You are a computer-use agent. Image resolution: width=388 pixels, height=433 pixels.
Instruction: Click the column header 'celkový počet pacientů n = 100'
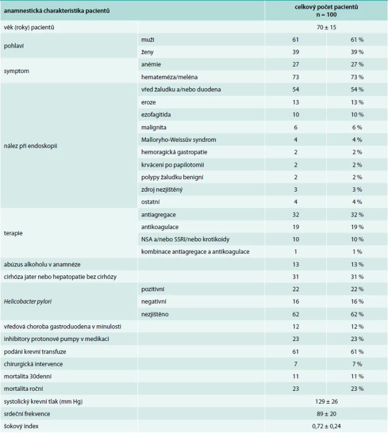coord(326,11)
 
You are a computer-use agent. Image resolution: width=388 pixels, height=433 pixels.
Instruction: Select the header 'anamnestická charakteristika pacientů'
coord(57,11)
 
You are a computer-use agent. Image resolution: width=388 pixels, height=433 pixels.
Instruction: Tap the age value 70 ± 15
coord(326,28)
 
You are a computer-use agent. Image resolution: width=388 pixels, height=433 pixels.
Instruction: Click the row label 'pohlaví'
coord(14,46)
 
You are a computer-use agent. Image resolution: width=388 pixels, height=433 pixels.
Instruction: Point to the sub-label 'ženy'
coord(147,52)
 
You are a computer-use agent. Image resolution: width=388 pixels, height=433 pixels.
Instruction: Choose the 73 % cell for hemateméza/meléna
coord(357,77)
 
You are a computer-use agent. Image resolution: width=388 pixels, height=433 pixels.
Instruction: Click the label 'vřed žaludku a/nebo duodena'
coord(181,89)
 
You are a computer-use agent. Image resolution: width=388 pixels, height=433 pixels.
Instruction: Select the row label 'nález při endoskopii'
coord(30,146)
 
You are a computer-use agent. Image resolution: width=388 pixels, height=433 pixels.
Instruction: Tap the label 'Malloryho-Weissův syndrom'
coord(179,140)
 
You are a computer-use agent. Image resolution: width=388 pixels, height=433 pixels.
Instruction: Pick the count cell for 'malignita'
coord(295,127)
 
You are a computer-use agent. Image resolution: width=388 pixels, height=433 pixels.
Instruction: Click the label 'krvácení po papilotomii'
coord(173,165)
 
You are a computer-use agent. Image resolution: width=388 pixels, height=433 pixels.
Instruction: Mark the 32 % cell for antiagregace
coord(357,214)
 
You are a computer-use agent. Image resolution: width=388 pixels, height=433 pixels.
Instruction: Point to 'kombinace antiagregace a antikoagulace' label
coord(195,252)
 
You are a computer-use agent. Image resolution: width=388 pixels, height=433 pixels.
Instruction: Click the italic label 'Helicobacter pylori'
coord(28,301)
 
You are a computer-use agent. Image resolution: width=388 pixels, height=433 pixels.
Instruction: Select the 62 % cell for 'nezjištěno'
coord(357,314)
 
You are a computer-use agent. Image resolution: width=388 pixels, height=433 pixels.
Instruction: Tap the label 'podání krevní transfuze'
coord(35,351)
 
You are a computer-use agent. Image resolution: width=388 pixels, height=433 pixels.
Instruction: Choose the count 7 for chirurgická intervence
coord(295,364)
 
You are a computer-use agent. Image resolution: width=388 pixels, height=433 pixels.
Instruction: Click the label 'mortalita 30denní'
coord(28,376)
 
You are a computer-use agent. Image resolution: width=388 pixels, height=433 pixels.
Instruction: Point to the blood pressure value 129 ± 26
coord(326,402)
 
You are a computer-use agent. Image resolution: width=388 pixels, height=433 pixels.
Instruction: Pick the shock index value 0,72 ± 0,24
coord(326,426)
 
